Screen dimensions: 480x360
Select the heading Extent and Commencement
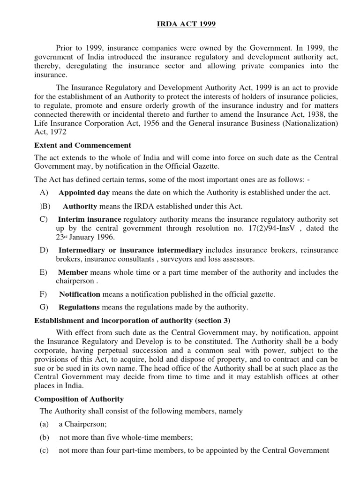[x=83, y=145]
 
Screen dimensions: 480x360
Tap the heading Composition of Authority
[x=79, y=399]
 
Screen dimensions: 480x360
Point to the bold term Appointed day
[x=84, y=193]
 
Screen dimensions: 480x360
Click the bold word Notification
[x=80, y=294]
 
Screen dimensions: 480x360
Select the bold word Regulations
[x=79, y=307]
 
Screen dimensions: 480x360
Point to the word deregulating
[x=87, y=66]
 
